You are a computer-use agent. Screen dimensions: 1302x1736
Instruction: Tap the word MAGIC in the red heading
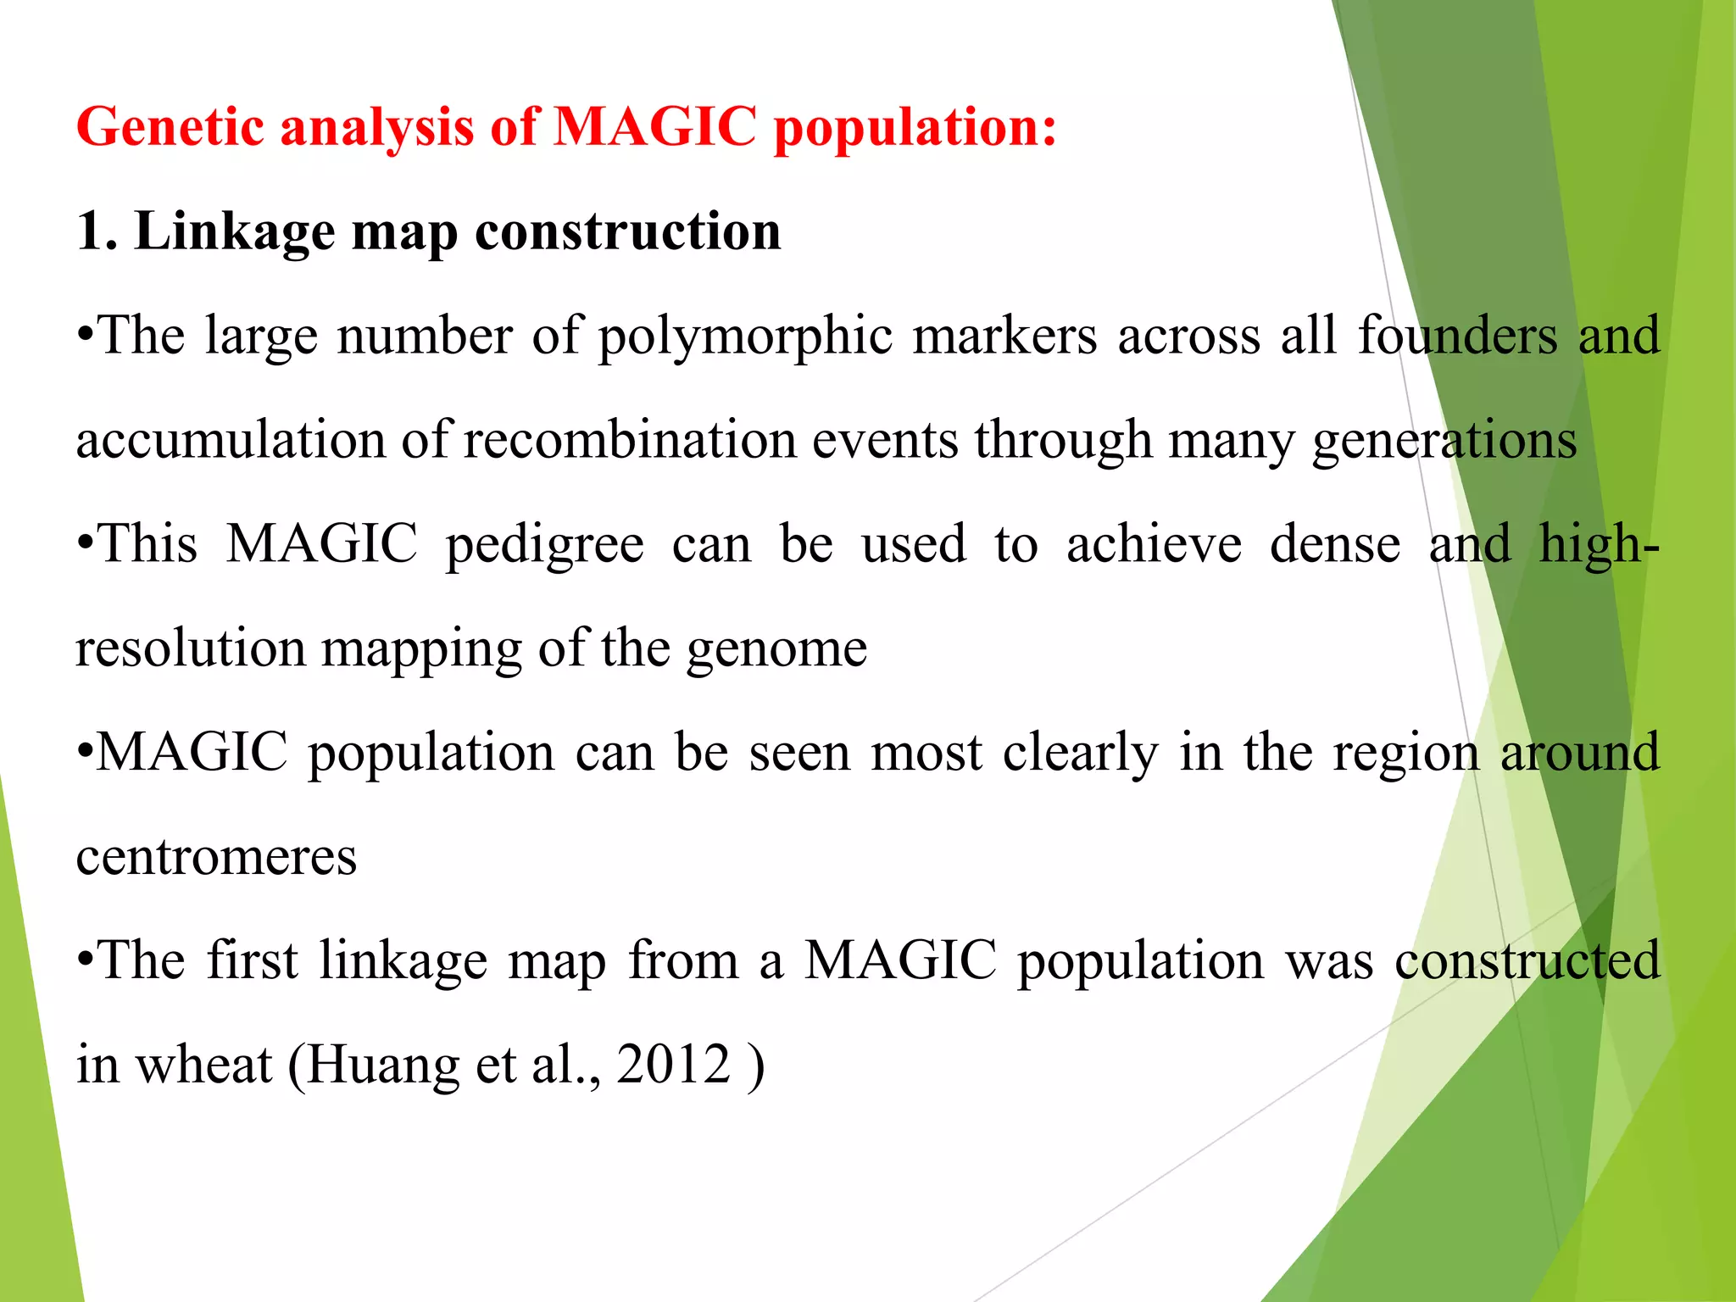(x=654, y=127)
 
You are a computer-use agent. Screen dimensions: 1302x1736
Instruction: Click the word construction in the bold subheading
(x=627, y=231)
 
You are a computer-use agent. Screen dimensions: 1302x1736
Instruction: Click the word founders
(x=1457, y=336)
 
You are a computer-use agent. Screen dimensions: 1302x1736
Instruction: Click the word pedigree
(x=544, y=545)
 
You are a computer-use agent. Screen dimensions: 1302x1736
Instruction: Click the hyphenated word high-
(x=1599, y=544)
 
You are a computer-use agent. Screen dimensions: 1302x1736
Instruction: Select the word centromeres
(x=216, y=857)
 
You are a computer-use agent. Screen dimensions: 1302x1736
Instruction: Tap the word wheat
(x=203, y=1065)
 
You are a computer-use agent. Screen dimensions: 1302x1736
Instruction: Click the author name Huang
(x=382, y=1065)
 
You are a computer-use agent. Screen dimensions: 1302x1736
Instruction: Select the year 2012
(x=673, y=1065)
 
